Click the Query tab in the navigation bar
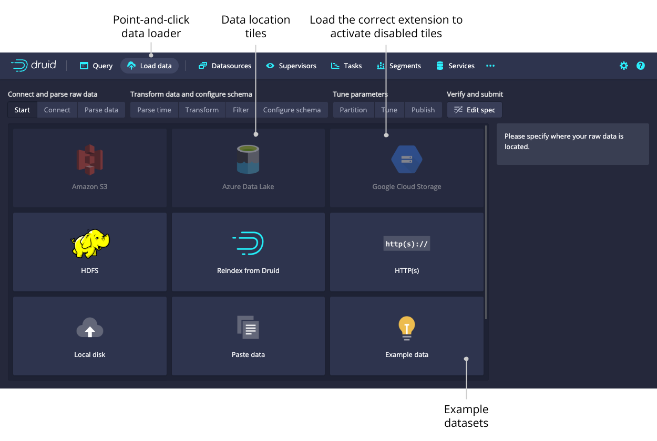(x=96, y=66)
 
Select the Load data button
(x=150, y=66)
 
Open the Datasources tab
(x=225, y=66)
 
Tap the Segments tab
(x=399, y=66)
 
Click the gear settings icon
(x=624, y=66)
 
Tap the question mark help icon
(x=641, y=66)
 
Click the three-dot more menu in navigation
(x=490, y=66)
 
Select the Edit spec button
(x=475, y=110)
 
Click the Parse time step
(x=154, y=110)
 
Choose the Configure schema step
(x=292, y=110)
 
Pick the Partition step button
(x=353, y=110)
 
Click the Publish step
(x=423, y=110)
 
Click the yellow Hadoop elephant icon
(x=90, y=244)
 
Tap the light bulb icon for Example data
(x=407, y=328)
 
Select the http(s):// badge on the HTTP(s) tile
(x=407, y=244)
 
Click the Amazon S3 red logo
(x=90, y=160)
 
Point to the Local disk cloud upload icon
(x=90, y=328)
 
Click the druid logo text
(x=44, y=65)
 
